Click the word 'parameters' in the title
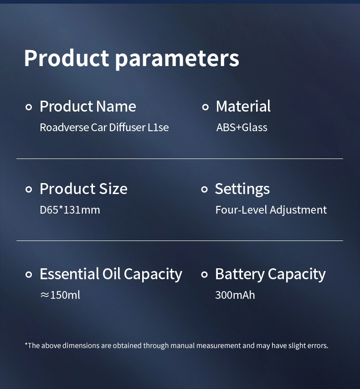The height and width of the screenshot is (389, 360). coord(177,59)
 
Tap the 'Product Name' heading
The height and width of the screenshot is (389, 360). coord(88,106)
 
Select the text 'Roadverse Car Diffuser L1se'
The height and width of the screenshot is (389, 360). coord(104,127)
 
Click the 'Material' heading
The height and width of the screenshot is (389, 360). coord(243,106)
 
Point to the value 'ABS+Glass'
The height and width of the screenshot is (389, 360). coord(242,127)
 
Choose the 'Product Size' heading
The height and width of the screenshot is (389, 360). coord(84,189)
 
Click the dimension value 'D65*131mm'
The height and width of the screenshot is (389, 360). coord(70,210)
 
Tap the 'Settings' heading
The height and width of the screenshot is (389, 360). coord(242,189)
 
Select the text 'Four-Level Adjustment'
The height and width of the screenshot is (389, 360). coord(271,210)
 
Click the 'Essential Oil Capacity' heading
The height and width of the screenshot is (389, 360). coord(111,274)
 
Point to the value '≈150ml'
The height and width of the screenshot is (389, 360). coord(60,295)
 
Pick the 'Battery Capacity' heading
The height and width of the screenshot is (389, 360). coord(270,274)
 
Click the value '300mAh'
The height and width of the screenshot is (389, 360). coord(235,295)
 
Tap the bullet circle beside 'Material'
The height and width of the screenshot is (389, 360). coord(206,107)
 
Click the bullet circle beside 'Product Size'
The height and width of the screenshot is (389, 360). coord(29,189)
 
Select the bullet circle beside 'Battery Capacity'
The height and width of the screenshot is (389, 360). coord(204,275)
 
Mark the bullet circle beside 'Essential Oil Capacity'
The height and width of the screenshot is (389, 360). coord(29,275)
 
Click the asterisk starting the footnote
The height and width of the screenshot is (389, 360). coord(26,344)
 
